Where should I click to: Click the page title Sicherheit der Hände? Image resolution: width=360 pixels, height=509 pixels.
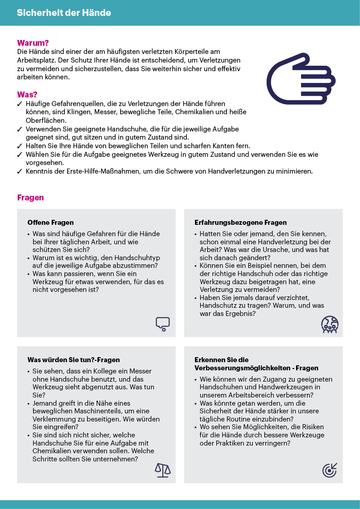point(64,13)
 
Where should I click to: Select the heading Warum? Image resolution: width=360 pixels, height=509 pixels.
point(33,43)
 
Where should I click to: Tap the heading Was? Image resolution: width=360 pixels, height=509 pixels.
point(27,95)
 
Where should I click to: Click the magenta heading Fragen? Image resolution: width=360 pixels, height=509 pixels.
point(30,198)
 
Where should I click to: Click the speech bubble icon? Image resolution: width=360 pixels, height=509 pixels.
point(162,324)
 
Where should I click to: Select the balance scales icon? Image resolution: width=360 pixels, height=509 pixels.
point(163,470)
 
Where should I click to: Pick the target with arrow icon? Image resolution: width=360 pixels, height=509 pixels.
point(330,470)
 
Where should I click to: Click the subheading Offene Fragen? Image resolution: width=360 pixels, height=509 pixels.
point(50,223)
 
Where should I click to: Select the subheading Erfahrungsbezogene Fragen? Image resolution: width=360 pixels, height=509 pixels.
point(240,223)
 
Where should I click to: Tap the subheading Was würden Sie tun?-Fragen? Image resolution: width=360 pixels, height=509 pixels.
point(73,360)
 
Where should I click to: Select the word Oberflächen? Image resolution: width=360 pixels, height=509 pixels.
point(46,121)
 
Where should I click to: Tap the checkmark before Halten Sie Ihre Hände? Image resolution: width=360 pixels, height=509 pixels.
point(19,146)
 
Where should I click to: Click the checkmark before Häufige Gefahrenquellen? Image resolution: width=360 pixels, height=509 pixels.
point(19,104)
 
